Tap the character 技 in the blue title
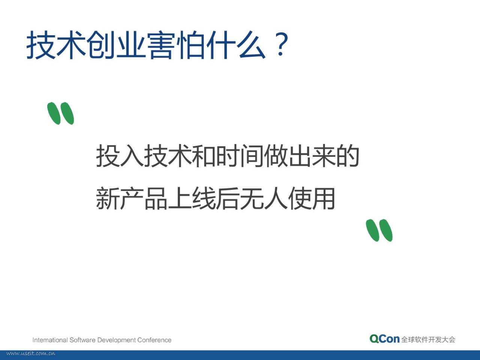(41, 45)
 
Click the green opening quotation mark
(61, 113)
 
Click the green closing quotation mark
(379, 230)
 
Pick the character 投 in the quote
(108, 156)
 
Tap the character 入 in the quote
(132, 156)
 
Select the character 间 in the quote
(252, 156)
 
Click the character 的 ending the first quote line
(348, 156)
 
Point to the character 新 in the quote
(108, 198)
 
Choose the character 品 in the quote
(156, 198)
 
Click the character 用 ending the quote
(323, 198)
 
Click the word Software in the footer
(82, 340)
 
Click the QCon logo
(384, 339)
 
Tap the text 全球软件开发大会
(428, 339)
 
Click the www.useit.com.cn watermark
(31, 353)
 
